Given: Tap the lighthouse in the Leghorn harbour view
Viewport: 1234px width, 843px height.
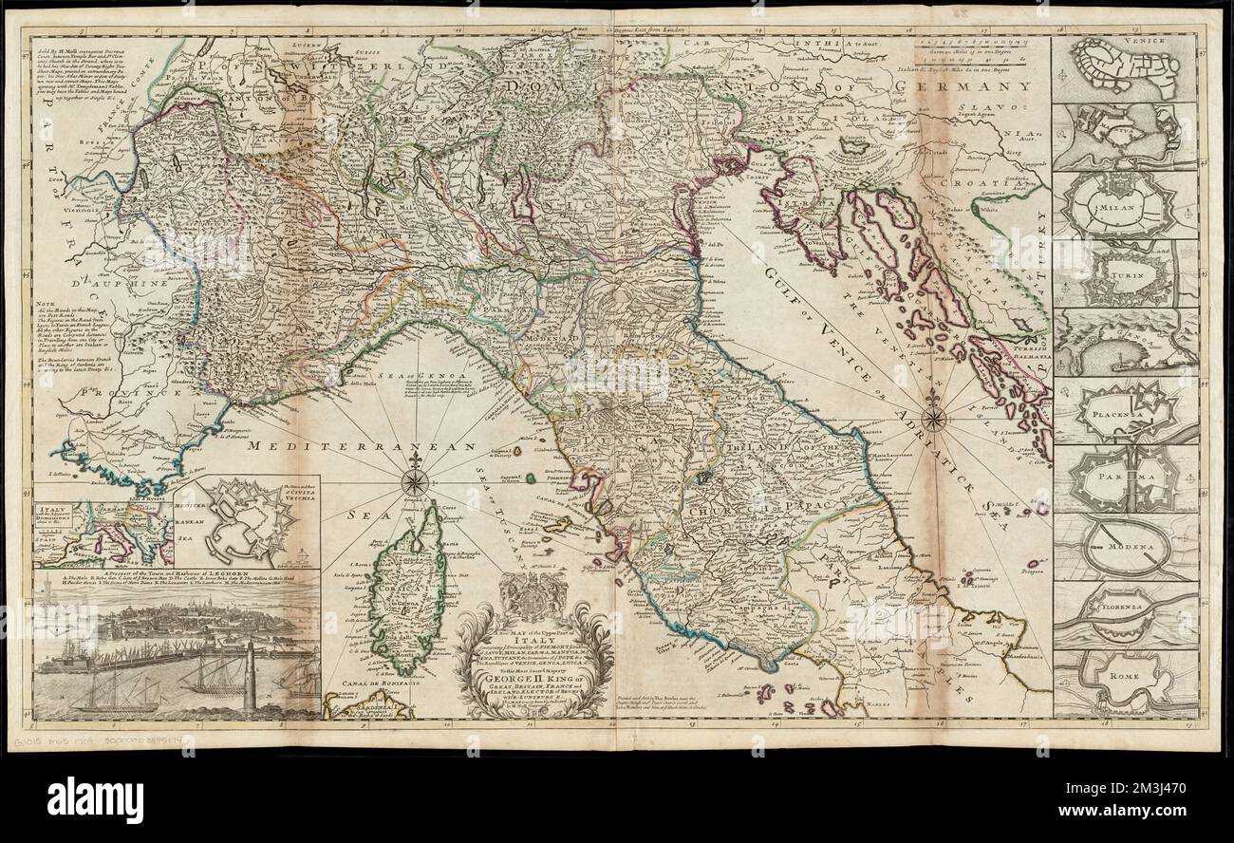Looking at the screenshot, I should [250, 676].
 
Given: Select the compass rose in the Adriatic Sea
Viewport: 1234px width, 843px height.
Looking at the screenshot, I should [934, 418].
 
